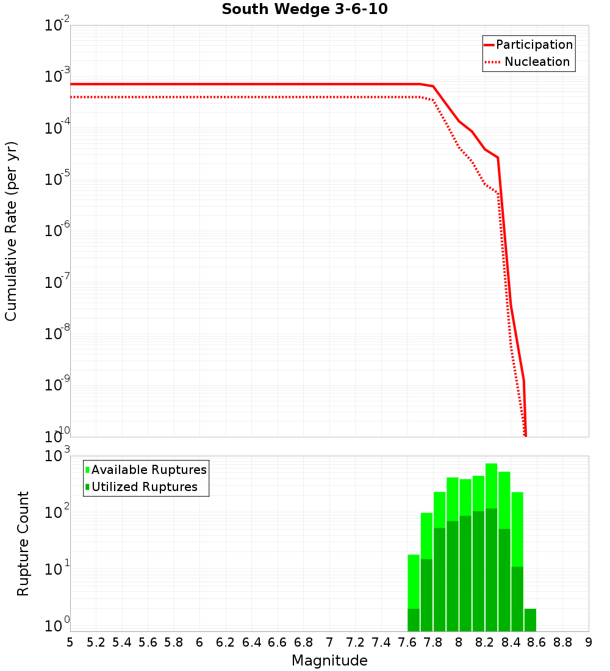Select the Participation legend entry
click(x=534, y=45)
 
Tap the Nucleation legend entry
click(x=537, y=62)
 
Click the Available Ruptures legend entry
click(x=149, y=470)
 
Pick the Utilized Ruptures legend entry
click(x=144, y=487)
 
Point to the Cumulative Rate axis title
click(x=11, y=231)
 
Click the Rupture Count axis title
click(x=23, y=544)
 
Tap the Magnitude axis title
click(x=329, y=660)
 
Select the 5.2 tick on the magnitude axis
click(x=96, y=642)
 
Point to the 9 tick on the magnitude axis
click(x=589, y=642)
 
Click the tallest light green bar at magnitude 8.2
click(x=491, y=485)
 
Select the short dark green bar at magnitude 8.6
click(x=530, y=620)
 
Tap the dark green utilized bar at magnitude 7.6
click(x=414, y=620)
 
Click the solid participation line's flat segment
click(x=244, y=84)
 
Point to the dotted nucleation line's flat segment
click(x=244, y=97)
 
